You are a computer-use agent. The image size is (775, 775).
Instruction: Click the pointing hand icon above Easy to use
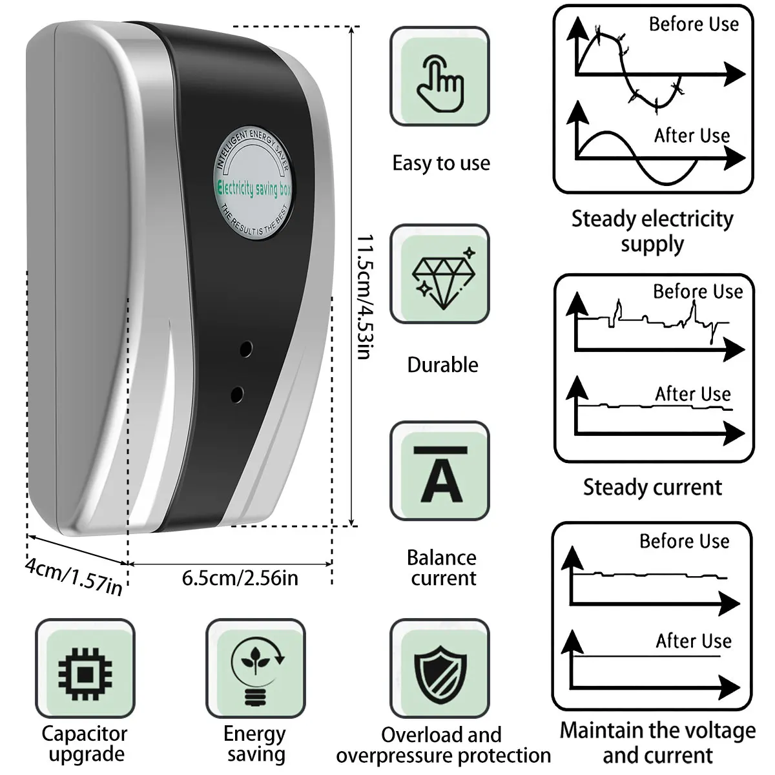pyautogui.click(x=440, y=77)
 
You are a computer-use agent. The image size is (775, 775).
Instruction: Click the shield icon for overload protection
pyautogui.click(x=440, y=669)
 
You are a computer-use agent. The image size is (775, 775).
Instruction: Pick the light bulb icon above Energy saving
pyautogui.click(x=255, y=669)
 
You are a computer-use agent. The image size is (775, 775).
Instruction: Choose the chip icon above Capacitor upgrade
pyautogui.click(x=85, y=669)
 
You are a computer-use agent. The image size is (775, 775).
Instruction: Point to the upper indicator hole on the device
pyautogui.click(x=245, y=349)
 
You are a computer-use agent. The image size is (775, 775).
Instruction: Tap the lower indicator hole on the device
pyautogui.click(x=237, y=392)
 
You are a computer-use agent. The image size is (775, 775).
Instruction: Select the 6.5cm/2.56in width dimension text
pyautogui.click(x=240, y=577)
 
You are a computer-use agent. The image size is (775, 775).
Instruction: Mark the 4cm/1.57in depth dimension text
pyautogui.click(x=73, y=575)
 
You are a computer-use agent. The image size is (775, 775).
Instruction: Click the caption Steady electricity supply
pyautogui.click(x=652, y=231)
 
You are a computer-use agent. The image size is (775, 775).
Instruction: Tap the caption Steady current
pyautogui.click(x=652, y=487)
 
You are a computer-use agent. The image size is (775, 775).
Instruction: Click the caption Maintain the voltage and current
pyautogui.click(x=657, y=742)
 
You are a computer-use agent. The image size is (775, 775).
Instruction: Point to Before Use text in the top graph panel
pyautogui.click(x=694, y=25)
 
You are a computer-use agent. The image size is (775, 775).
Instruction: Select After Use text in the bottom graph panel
pyautogui.click(x=694, y=641)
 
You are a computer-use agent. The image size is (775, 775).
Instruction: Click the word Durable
pyautogui.click(x=442, y=365)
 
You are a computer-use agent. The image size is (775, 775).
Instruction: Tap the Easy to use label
pyautogui.click(x=441, y=163)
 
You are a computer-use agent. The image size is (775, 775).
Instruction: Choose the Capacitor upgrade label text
pyautogui.click(x=85, y=743)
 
